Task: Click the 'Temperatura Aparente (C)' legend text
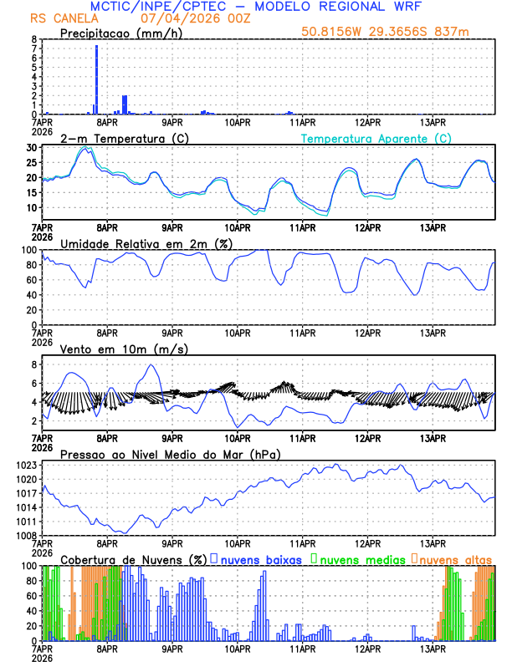point(376,138)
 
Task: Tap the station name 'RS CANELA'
point(62,18)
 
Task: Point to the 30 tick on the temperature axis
point(31,148)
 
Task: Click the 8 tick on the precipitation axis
point(33,39)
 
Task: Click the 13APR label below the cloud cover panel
point(432,648)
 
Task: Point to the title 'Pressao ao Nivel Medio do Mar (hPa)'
point(170,455)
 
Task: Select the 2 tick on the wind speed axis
point(33,420)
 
